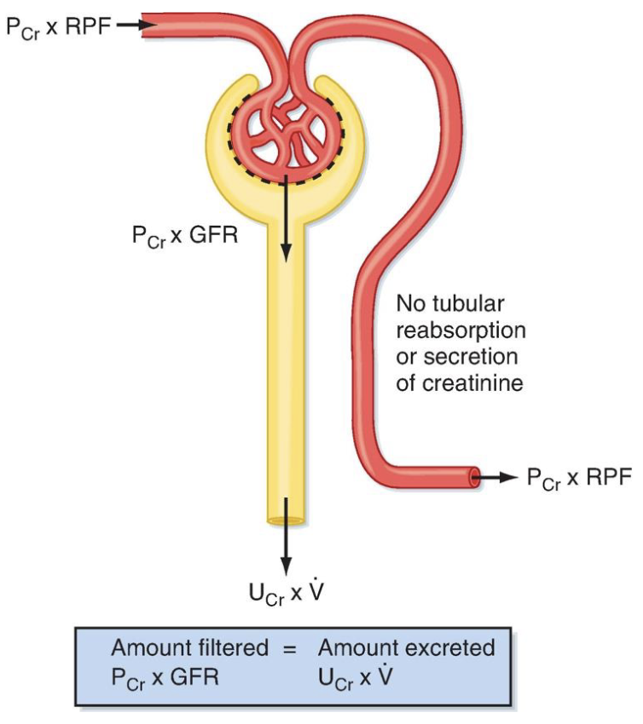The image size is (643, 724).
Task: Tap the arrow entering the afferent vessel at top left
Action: pyautogui.click(x=132, y=25)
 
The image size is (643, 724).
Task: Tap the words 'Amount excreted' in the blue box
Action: pyautogui.click(x=406, y=647)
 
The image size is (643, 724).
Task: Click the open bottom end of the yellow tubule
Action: pyautogui.click(x=286, y=520)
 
